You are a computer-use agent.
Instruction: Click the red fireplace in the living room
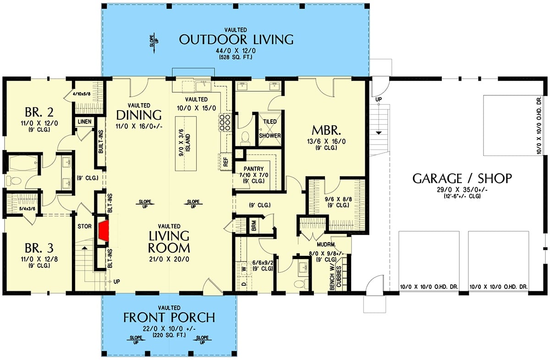coord(104,230)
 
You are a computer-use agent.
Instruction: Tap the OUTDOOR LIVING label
coord(236,39)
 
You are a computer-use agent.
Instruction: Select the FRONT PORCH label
coord(169,317)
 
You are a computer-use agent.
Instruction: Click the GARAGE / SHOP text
coord(462,178)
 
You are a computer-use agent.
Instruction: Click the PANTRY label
coord(253,169)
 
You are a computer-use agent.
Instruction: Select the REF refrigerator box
coord(225,161)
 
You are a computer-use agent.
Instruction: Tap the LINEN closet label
coord(85,122)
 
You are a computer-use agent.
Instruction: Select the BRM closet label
coord(253,226)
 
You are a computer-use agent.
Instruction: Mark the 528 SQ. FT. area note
coord(236,57)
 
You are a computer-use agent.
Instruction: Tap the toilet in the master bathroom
coord(245,137)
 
